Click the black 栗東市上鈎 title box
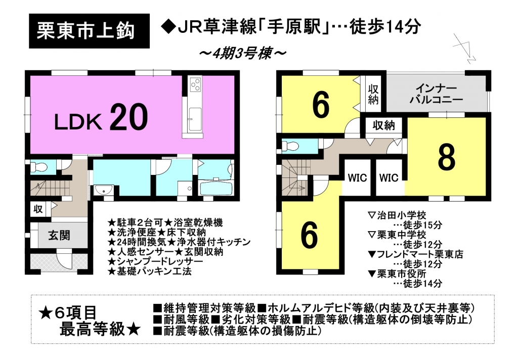89,31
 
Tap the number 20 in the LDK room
128,117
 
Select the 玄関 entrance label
59,236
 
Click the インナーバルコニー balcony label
436,94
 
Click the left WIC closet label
358,178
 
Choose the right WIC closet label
389,178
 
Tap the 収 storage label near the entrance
38,209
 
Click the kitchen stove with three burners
195,83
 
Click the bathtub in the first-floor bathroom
217,189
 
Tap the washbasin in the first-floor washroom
104,191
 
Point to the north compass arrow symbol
464,48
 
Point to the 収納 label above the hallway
383,125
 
